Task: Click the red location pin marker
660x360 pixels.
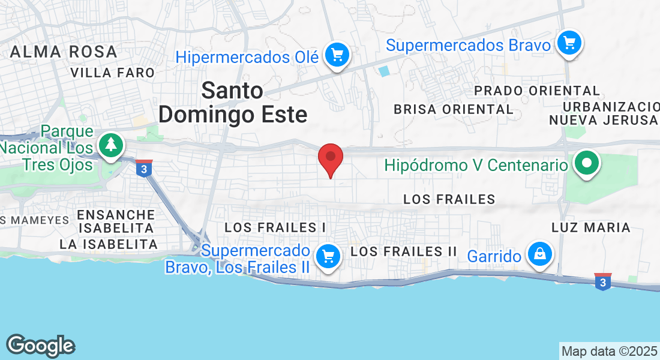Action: point(330,158)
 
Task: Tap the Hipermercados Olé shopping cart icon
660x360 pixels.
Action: point(337,56)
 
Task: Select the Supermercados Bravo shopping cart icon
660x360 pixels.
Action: point(569,44)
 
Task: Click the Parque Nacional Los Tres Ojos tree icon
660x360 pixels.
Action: point(110,146)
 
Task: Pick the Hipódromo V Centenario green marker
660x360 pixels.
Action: point(587,163)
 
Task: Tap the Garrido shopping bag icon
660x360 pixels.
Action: point(540,254)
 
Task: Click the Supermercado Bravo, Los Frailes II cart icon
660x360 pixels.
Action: point(328,257)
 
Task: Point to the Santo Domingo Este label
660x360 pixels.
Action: point(233,102)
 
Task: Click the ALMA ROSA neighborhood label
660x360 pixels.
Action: point(64,52)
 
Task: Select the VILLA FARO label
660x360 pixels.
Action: point(113,73)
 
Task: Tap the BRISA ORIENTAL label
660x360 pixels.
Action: point(454,109)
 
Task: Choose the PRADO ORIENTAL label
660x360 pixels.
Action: point(537,91)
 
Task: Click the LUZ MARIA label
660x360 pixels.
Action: point(591,227)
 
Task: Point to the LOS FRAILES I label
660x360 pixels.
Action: point(275,227)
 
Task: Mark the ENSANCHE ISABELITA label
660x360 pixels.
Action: point(116,221)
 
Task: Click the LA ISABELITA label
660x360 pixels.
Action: point(108,244)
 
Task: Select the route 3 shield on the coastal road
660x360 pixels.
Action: point(603,281)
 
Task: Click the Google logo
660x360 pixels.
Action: point(40,346)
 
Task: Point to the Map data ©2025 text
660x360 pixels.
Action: point(608,351)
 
